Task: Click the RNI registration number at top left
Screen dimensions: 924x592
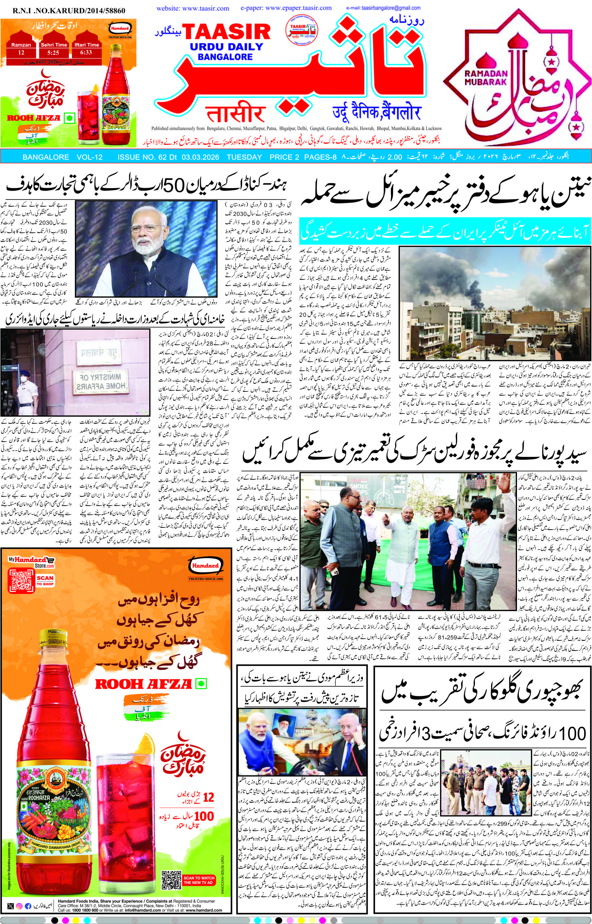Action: click(x=69, y=11)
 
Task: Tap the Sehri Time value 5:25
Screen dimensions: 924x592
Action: click(x=54, y=52)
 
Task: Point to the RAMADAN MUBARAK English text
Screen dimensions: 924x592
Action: click(x=486, y=77)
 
